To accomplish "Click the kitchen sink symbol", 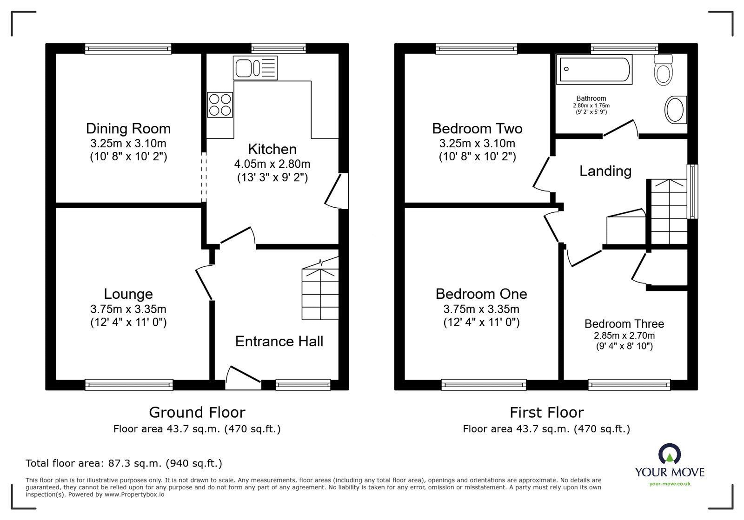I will tap(256, 68).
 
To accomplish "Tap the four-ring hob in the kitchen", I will tap(220, 105).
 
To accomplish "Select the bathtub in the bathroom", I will tap(594, 70).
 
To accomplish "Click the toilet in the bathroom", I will tap(664, 70).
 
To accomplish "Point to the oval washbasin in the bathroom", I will tap(676, 110).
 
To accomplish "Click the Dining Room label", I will tap(128, 128).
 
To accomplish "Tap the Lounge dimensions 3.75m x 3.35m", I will tap(128, 309).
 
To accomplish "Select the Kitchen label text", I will tap(272, 149).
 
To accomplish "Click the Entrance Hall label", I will tap(279, 342).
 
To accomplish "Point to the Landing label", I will tap(605, 171).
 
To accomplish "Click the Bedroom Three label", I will tap(624, 324).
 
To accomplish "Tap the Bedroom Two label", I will tap(477, 128).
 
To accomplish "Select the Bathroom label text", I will tap(591, 99).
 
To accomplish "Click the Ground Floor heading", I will tap(197, 412).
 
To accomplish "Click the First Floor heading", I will tap(546, 412).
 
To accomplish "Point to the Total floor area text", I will tap(124, 463).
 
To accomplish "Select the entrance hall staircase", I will tap(320, 293).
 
